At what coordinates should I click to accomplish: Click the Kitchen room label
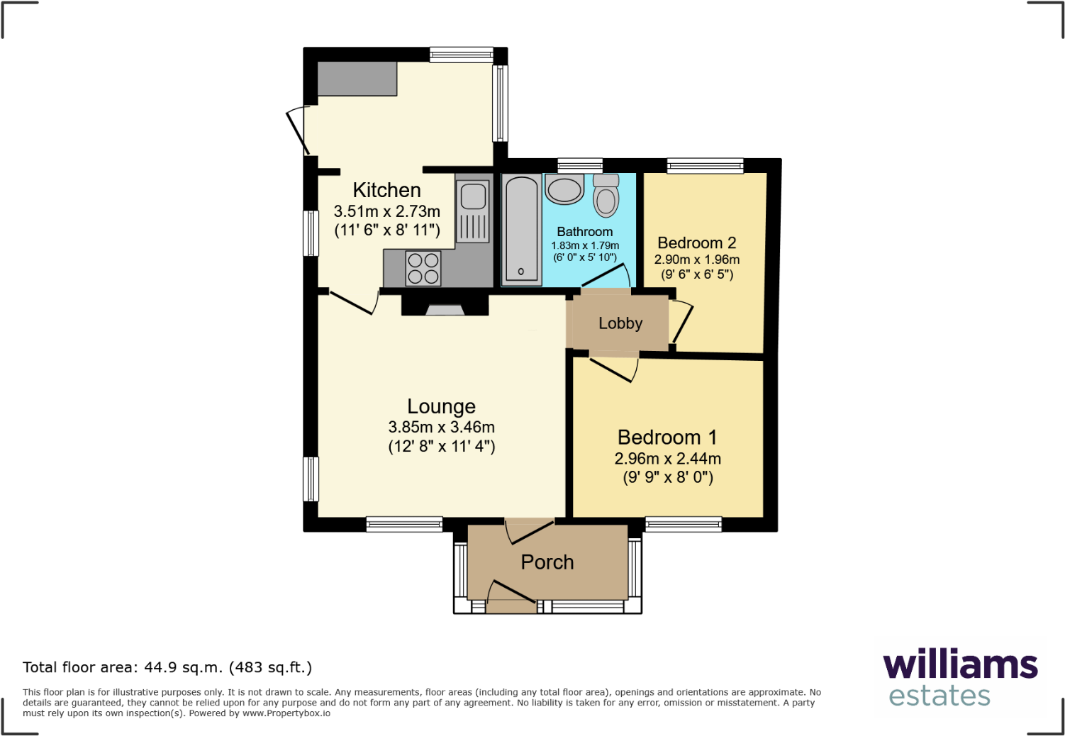pyautogui.click(x=386, y=190)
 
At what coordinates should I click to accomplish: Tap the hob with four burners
pyautogui.click(x=423, y=269)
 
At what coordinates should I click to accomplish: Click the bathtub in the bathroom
pyautogui.click(x=522, y=228)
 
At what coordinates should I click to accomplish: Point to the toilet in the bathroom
pyautogui.click(x=606, y=196)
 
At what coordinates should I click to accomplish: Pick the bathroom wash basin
pyautogui.click(x=564, y=189)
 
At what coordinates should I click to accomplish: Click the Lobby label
pyautogui.click(x=620, y=323)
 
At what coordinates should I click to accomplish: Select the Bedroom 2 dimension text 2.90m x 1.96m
pyautogui.click(x=696, y=260)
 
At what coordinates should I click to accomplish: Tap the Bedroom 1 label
pyautogui.click(x=667, y=437)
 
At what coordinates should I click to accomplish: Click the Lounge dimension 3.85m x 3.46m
pyautogui.click(x=441, y=427)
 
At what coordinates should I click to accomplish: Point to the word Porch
pyautogui.click(x=547, y=562)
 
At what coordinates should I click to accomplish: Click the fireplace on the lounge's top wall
pyautogui.click(x=445, y=308)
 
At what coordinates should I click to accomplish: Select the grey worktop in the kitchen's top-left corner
pyautogui.click(x=357, y=79)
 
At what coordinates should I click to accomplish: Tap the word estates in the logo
pyautogui.click(x=939, y=696)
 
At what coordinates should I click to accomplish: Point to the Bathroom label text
pyautogui.click(x=584, y=232)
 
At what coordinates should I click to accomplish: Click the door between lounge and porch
pyautogui.click(x=529, y=530)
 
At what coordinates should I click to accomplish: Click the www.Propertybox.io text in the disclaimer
pyautogui.click(x=286, y=713)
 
